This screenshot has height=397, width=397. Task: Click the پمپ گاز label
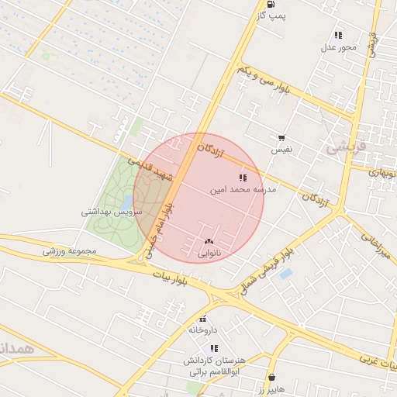272,16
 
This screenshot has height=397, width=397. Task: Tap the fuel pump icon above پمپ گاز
269,3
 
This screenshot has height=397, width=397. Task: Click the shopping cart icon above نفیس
281,136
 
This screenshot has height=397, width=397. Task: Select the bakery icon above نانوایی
209,242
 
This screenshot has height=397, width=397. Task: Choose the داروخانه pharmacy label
202,330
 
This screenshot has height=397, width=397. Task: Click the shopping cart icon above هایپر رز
271,375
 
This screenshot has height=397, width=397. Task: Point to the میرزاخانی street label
381,243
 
